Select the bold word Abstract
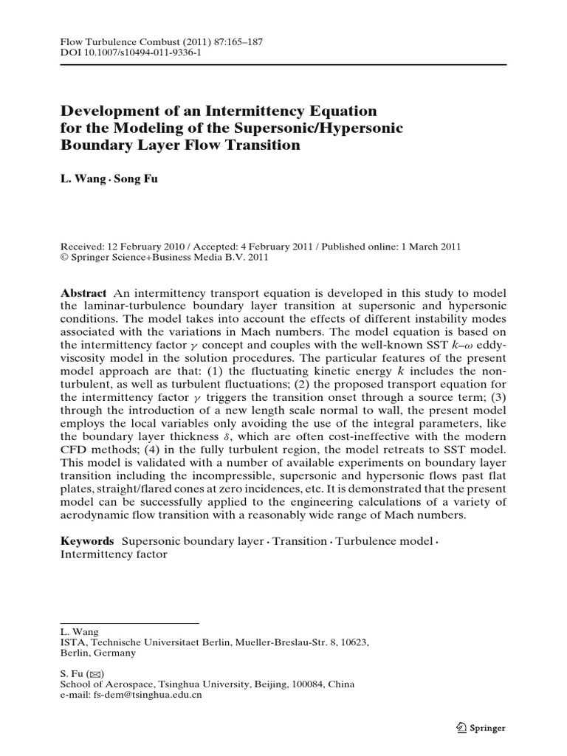83,293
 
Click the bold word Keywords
87,541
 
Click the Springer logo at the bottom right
480,727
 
